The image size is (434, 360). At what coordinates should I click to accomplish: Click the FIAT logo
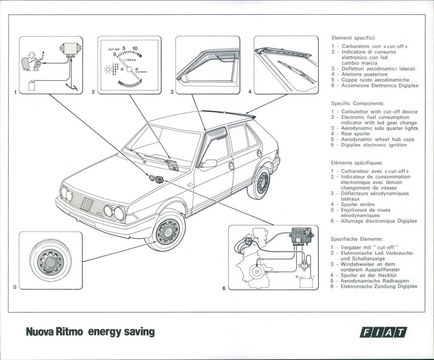[383, 332]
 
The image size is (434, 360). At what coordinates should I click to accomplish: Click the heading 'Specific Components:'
[358, 103]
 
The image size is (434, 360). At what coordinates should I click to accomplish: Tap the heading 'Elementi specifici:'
[353, 38]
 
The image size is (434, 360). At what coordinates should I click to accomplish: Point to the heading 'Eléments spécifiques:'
[356, 162]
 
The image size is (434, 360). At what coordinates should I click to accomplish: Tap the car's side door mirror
[209, 163]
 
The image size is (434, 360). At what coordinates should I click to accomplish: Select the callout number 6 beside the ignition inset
[224, 289]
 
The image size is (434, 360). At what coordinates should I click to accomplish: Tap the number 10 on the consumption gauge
[135, 48]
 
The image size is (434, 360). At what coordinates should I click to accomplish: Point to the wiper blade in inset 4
[296, 72]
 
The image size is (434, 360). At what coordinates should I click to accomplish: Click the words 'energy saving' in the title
[121, 331]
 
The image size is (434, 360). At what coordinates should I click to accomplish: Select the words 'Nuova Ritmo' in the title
[55, 331]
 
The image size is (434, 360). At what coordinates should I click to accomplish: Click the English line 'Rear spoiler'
[355, 134]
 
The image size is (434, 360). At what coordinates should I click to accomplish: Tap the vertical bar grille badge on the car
[87, 207]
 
